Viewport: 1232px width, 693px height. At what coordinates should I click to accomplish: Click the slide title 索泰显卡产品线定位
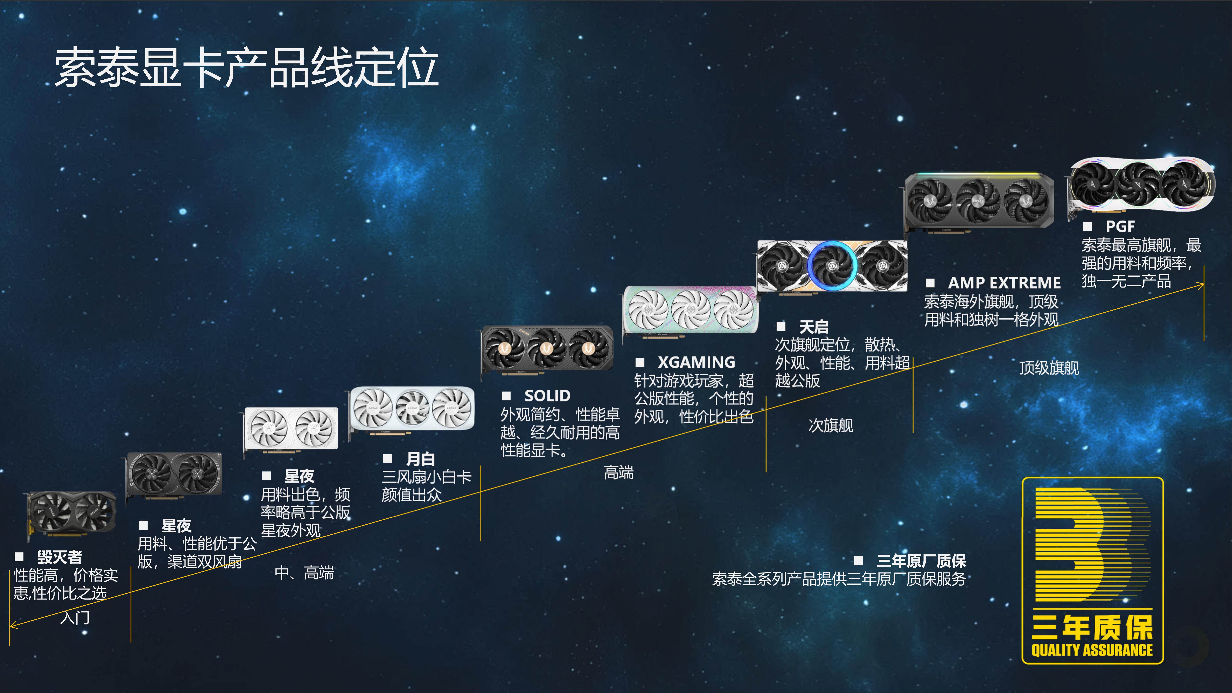(246, 68)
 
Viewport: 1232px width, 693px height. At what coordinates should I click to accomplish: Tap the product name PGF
(1120, 226)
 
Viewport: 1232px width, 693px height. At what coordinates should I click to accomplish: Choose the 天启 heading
(814, 327)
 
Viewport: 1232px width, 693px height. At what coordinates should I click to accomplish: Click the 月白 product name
(420, 459)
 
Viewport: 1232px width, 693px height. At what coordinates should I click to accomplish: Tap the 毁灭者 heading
(60, 557)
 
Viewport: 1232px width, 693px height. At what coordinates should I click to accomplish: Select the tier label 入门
(75, 617)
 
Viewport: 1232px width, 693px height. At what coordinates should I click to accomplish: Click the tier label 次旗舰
(831, 425)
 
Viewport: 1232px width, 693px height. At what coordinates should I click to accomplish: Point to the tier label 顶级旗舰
(1049, 368)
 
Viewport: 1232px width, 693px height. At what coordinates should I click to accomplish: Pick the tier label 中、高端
(304, 572)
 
